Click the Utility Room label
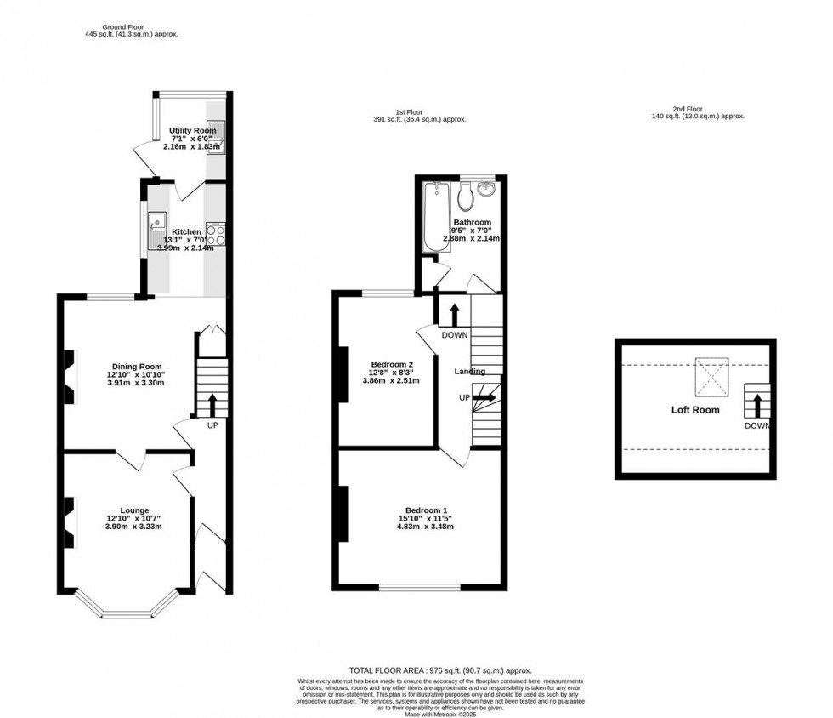[192, 130]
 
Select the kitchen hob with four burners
[216, 234]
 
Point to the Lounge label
[133, 510]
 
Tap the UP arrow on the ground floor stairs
[212, 403]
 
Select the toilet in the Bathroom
[464, 198]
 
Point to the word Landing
[470, 372]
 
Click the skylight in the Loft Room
[711, 377]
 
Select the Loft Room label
[695, 410]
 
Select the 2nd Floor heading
[697, 108]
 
